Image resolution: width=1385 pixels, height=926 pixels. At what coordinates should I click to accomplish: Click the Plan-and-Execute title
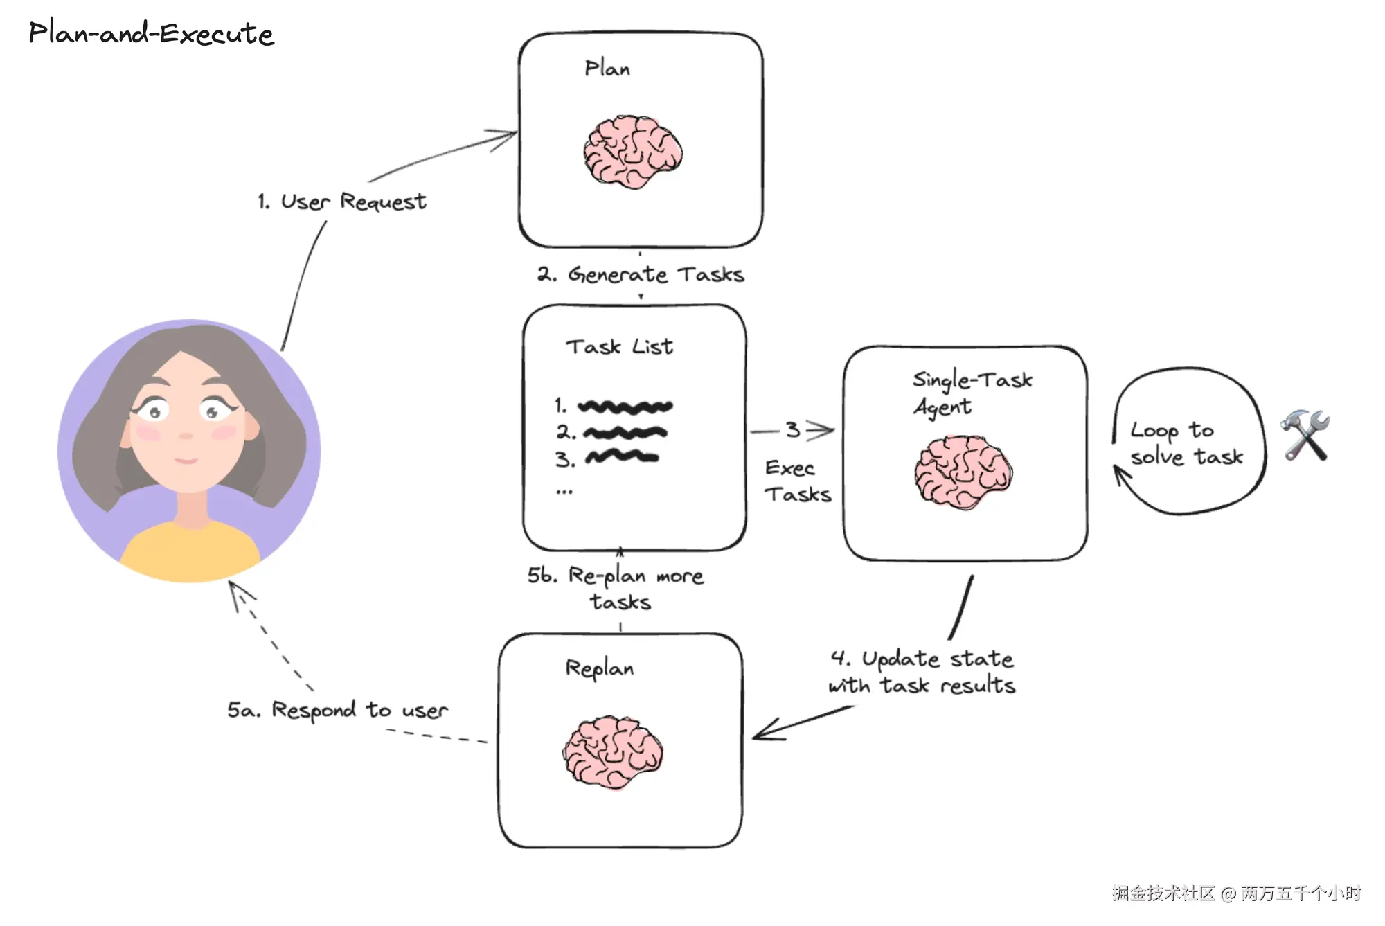pyautogui.click(x=151, y=33)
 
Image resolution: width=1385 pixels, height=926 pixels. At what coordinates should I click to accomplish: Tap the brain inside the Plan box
pyautogui.click(x=632, y=152)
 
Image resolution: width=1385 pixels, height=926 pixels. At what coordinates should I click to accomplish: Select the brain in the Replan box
pyautogui.click(x=613, y=752)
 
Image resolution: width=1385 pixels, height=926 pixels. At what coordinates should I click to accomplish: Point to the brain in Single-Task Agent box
pyautogui.click(x=963, y=472)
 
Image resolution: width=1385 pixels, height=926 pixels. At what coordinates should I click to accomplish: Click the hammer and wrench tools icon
pyautogui.click(x=1305, y=435)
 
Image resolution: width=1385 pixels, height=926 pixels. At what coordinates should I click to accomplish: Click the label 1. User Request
pyautogui.click(x=342, y=202)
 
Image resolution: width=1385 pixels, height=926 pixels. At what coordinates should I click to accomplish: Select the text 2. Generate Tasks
pyautogui.click(x=641, y=275)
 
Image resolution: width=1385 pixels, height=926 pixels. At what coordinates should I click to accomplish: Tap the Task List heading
pyautogui.click(x=619, y=346)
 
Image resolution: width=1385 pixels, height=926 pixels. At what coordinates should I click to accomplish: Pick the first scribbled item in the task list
pyautogui.click(x=625, y=407)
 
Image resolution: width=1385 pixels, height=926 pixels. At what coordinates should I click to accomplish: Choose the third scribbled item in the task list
pyautogui.click(x=621, y=457)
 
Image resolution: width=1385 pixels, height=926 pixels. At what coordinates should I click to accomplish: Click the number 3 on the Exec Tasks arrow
pyautogui.click(x=793, y=430)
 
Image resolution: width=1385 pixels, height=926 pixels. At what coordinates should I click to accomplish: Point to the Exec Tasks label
pyautogui.click(x=797, y=481)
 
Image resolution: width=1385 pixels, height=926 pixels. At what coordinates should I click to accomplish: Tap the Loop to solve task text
pyautogui.click(x=1186, y=443)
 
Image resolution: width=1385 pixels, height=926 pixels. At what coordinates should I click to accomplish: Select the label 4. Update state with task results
pyautogui.click(x=922, y=672)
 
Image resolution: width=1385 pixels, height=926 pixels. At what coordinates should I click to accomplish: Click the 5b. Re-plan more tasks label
pyautogui.click(x=616, y=588)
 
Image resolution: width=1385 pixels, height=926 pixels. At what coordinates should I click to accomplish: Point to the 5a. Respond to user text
pyautogui.click(x=337, y=710)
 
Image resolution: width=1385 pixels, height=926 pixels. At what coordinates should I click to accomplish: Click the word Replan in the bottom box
pyautogui.click(x=599, y=668)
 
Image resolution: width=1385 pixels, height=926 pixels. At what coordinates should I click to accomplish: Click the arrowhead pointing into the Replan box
pyautogui.click(x=762, y=733)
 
